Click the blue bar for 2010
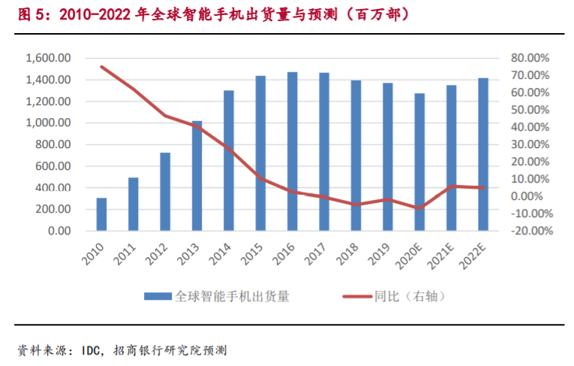pos(101,214)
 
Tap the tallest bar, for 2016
pos(292,151)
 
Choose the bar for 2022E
pos(483,154)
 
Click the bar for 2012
pos(165,192)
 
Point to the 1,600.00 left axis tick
pos(48,58)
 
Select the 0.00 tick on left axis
pos(59,231)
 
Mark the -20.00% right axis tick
pos(530,231)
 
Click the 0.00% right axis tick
pos(533,196)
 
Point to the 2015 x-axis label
pos(254,254)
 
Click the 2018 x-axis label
pos(350,254)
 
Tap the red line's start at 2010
pos(101,67)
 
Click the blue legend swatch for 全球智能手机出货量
pos(158,296)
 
